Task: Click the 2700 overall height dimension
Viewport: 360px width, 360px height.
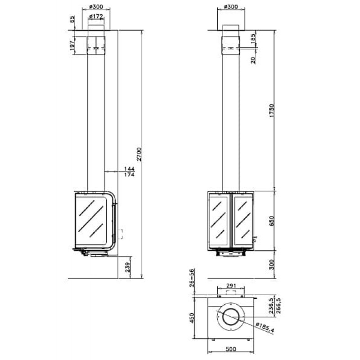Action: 139,154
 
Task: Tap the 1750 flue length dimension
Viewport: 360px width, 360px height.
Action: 272,111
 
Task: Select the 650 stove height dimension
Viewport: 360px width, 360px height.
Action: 272,220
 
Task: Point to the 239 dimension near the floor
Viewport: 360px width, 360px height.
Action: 128,267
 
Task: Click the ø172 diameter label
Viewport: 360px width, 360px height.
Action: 96,17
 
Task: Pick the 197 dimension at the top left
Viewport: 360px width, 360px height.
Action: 72,45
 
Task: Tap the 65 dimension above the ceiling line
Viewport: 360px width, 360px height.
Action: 72,19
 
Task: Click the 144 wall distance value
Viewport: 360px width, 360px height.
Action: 129,169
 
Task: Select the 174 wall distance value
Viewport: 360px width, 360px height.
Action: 129,175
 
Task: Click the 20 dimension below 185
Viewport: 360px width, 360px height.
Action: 253,60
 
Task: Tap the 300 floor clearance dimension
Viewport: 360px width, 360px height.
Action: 272,265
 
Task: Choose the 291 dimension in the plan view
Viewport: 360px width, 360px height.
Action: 231,286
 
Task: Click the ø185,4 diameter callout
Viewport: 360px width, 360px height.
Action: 265,327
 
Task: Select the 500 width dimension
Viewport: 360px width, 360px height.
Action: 231,349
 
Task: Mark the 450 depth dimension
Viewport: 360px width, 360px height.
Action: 192,318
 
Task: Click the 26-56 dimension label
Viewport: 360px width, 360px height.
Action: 192,278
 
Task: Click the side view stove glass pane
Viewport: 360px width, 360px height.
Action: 91,220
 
